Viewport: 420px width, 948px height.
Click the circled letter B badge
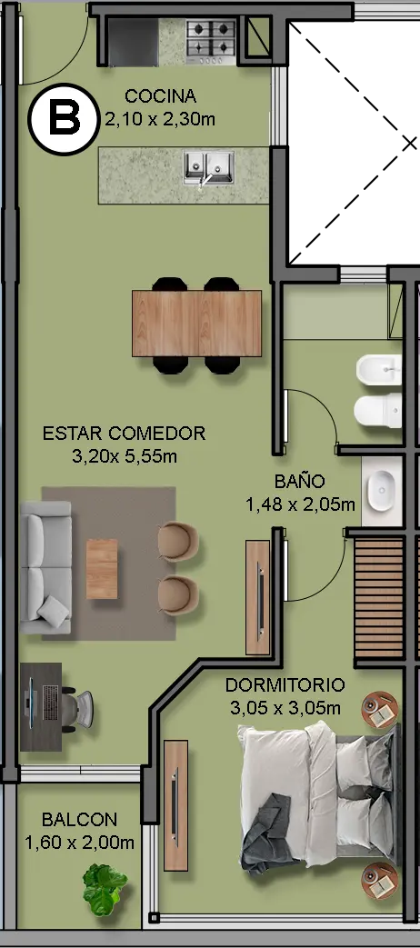pyautogui.click(x=64, y=117)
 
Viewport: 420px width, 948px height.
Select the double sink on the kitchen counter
pyautogui.click(x=209, y=167)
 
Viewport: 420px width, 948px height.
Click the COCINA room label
pyautogui.click(x=161, y=96)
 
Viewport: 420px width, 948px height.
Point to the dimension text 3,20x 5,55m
pyautogui.click(x=125, y=456)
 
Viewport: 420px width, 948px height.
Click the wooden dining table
pyautogui.click(x=197, y=324)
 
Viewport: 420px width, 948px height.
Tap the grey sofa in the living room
pyautogui.click(x=46, y=567)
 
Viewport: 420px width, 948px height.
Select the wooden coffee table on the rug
pyautogui.click(x=102, y=569)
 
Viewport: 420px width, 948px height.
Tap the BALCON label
pyautogui.click(x=79, y=820)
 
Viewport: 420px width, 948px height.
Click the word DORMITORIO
pyautogui.click(x=285, y=685)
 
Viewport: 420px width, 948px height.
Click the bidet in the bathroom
pyautogui.click(x=379, y=370)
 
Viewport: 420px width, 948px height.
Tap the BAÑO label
pyautogui.click(x=300, y=481)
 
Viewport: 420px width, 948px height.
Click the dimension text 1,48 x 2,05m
pyautogui.click(x=300, y=504)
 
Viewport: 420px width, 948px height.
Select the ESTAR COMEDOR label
pyautogui.click(x=125, y=434)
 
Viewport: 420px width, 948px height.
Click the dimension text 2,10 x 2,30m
pyautogui.click(x=160, y=119)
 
